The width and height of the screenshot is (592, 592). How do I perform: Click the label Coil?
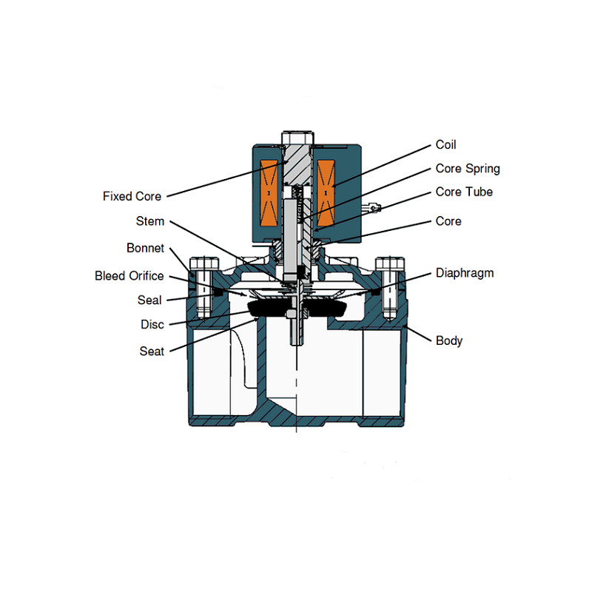(x=446, y=145)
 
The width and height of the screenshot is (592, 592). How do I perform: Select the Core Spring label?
(x=468, y=169)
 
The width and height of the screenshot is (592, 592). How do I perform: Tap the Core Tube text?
(x=464, y=192)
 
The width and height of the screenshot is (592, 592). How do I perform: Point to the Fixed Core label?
(x=132, y=197)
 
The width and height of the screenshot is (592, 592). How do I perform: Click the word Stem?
(x=150, y=221)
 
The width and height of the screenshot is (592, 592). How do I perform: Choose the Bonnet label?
(x=145, y=248)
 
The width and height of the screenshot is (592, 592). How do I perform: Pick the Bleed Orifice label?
(x=129, y=276)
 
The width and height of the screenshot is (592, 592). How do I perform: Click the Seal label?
(x=149, y=300)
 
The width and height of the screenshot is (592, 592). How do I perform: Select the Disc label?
(x=152, y=324)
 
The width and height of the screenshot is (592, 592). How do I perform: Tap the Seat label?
(x=152, y=351)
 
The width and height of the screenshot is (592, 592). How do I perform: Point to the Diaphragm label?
(x=464, y=273)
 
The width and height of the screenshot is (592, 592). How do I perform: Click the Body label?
(x=448, y=341)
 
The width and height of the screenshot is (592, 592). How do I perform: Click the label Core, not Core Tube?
(x=448, y=221)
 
